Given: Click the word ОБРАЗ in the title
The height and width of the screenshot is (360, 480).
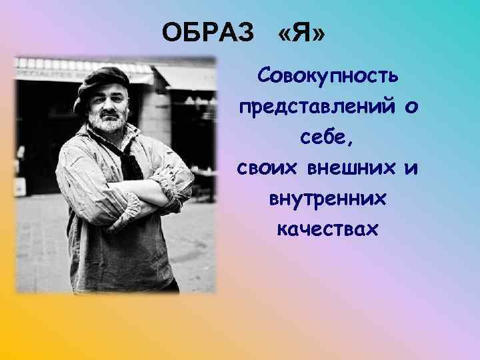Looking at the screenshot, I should click(209, 31).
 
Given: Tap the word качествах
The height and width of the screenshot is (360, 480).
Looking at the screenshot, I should click(328, 230).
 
